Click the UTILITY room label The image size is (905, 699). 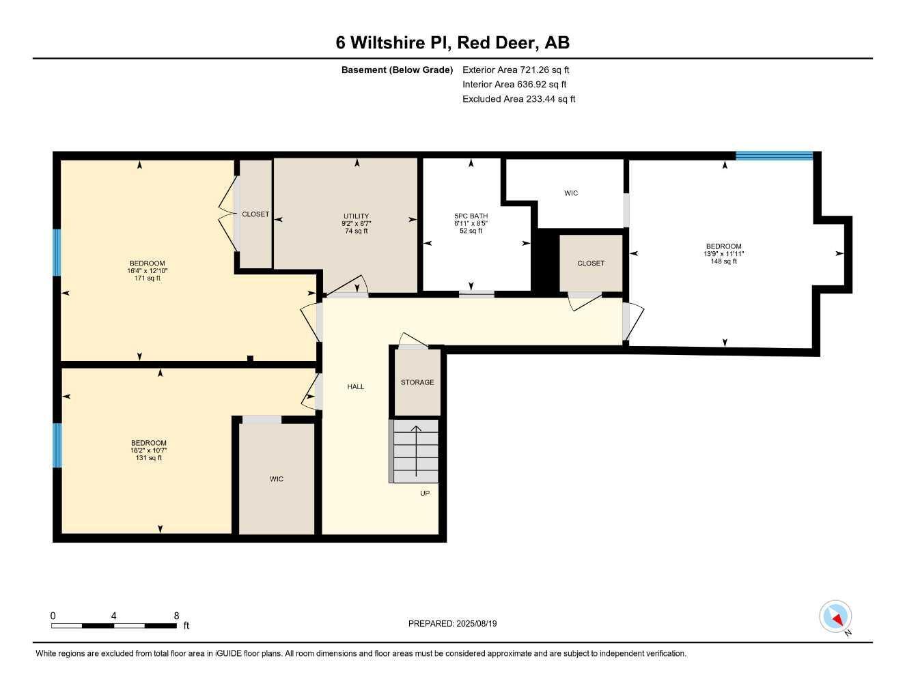pos(356,216)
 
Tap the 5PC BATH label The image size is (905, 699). pos(471,216)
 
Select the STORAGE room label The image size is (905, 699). pos(417,382)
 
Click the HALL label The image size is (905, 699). pos(355,387)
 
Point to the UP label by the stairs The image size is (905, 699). pos(425,493)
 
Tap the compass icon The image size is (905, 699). pos(835,617)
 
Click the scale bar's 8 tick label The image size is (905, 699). pos(176,616)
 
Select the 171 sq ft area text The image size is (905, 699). pos(148,279)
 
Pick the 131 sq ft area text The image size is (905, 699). pos(149,458)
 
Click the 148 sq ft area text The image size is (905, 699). pos(724,261)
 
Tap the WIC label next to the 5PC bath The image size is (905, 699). pos(571,193)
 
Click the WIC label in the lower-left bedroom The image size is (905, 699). pos(276,479)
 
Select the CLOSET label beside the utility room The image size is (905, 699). pos(255,214)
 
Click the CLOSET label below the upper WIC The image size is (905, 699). pos(591,263)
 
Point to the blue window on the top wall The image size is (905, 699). pos(774,156)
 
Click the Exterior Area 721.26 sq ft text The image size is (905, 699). pos(516,70)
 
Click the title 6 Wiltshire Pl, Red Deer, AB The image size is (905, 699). pos(452,43)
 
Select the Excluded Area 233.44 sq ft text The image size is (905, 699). pos(518,99)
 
